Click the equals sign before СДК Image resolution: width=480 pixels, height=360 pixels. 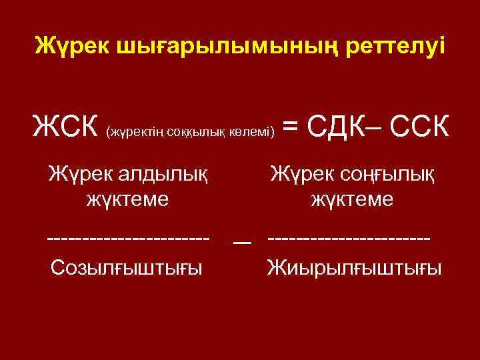[291, 127]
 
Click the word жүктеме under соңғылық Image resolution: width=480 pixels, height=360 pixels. [352, 199]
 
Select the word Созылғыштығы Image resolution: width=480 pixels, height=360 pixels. [127, 268]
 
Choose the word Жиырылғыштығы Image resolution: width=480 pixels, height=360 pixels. [353, 268]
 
